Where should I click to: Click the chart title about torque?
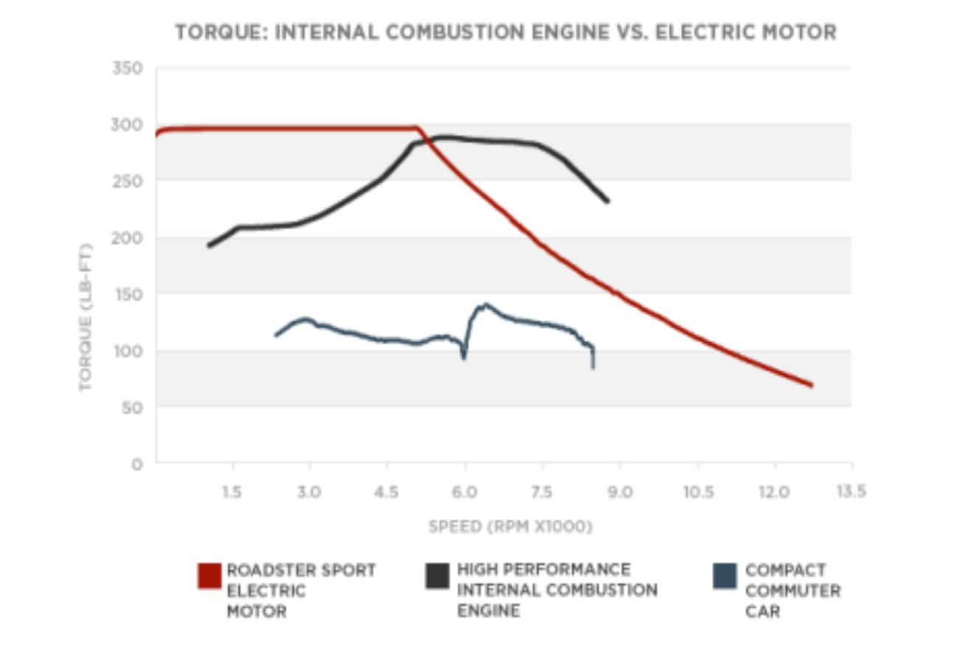click(505, 33)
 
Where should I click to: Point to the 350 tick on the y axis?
click(126, 68)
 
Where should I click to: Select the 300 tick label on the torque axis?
click(126, 125)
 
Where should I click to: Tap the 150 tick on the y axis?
click(126, 294)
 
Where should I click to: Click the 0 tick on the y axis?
click(137, 464)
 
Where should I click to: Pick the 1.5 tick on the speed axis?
click(232, 492)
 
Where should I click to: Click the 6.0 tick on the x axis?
click(464, 492)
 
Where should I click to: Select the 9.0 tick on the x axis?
click(620, 492)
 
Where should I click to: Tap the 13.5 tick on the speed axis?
click(851, 492)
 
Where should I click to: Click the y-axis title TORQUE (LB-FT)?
click(86, 317)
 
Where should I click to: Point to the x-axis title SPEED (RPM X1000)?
click(511, 527)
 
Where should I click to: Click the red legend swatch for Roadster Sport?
click(210, 575)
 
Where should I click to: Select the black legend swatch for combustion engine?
click(438, 575)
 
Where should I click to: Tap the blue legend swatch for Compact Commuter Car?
click(725, 575)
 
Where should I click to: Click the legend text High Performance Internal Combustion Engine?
click(556, 590)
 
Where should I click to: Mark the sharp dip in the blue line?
click(463, 358)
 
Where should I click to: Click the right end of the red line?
click(812, 385)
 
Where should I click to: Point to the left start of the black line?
click(209, 246)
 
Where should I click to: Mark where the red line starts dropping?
click(418, 129)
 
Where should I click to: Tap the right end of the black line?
click(607, 201)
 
